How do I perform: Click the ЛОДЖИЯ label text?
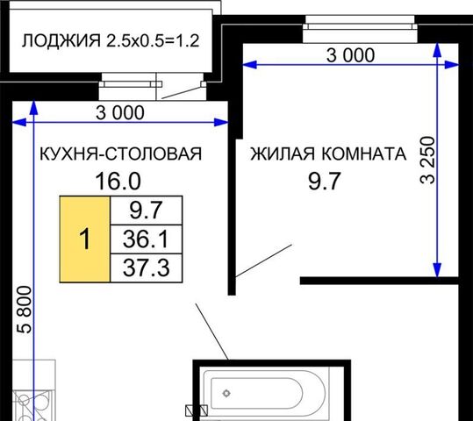(61, 40)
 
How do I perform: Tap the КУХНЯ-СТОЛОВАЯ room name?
(121, 153)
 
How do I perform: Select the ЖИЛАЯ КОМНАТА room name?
(328, 153)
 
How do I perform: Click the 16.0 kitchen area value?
(118, 181)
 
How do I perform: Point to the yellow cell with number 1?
(85, 239)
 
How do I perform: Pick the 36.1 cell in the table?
(147, 239)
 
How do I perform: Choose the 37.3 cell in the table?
(147, 268)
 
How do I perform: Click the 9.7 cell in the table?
(147, 210)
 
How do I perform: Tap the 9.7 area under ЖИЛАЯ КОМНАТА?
(325, 181)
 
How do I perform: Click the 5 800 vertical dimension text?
(25, 310)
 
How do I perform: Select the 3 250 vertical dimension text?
(427, 161)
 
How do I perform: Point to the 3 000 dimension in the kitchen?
(120, 113)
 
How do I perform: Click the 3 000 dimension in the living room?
(350, 55)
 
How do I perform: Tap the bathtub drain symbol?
(226, 393)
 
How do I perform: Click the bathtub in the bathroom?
(265, 393)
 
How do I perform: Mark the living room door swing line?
(263, 260)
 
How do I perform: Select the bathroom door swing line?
(212, 332)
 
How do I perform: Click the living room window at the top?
(360, 23)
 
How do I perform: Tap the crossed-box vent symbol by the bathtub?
(197, 410)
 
